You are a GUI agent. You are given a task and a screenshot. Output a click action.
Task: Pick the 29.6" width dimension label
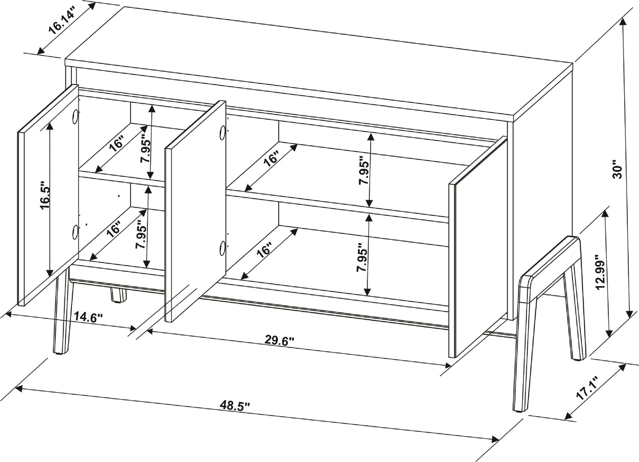click(279, 340)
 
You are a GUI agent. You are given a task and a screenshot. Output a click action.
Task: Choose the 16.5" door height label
click(46, 195)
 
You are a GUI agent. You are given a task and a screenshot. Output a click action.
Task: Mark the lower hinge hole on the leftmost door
click(75, 231)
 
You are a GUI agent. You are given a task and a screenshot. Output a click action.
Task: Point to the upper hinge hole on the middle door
click(222, 132)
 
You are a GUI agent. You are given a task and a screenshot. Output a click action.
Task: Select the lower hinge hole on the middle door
click(222, 248)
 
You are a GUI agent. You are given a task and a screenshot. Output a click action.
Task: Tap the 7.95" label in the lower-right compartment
click(362, 261)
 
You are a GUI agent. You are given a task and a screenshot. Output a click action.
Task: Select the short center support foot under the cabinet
click(118, 295)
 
